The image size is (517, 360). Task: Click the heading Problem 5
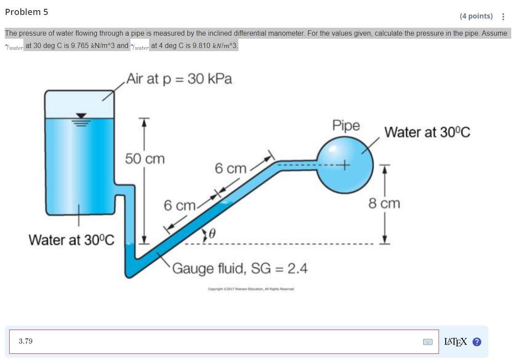pyautogui.click(x=26, y=12)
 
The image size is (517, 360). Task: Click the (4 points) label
pyautogui.click(x=476, y=16)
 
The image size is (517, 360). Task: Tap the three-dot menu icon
pyautogui.click(x=503, y=17)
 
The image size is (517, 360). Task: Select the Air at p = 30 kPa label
pyautogui.click(x=179, y=79)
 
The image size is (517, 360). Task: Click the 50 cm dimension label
pyautogui.click(x=145, y=159)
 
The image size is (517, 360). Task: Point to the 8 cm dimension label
pyautogui.click(x=384, y=204)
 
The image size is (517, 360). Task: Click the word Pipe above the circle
pyautogui.click(x=346, y=125)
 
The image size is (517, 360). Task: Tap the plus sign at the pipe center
pyautogui.click(x=344, y=166)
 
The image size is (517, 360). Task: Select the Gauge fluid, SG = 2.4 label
pyautogui.click(x=240, y=268)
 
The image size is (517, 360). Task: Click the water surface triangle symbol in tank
pyautogui.click(x=80, y=116)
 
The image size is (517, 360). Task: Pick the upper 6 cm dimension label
pyautogui.click(x=231, y=168)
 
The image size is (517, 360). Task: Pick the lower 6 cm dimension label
pyautogui.click(x=179, y=205)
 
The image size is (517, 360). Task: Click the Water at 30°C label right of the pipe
pyautogui.click(x=427, y=132)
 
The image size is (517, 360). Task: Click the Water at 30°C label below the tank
pyautogui.click(x=71, y=240)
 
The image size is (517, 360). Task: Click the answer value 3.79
pyautogui.click(x=26, y=341)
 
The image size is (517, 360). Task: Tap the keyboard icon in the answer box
pyautogui.click(x=428, y=342)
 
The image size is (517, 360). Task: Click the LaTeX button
pyautogui.click(x=456, y=342)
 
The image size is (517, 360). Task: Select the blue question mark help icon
pyautogui.click(x=476, y=342)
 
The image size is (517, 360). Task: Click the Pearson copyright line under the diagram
pyautogui.click(x=251, y=289)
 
